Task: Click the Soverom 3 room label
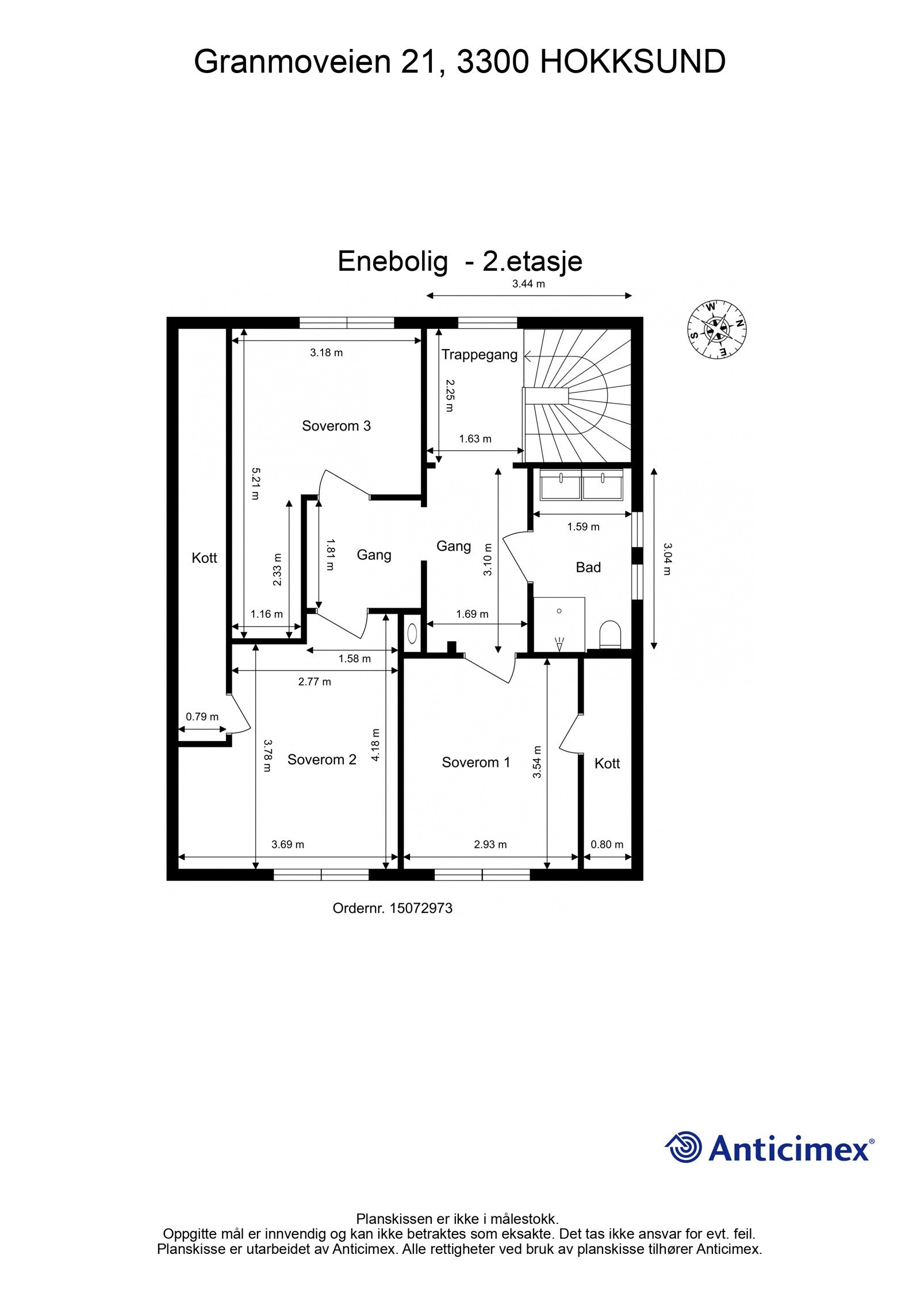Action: pyautogui.click(x=336, y=426)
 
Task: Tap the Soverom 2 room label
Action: pyautogui.click(x=321, y=759)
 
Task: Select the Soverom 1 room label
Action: pyautogui.click(x=476, y=762)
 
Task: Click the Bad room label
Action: pyautogui.click(x=588, y=567)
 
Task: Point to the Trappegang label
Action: pyautogui.click(x=479, y=355)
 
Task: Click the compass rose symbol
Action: pyautogui.click(x=716, y=328)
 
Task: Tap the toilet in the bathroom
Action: pyautogui.click(x=610, y=635)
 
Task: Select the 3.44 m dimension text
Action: pyautogui.click(x=528, y=283)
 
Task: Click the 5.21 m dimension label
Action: pyautogui.click(x=255, y=483)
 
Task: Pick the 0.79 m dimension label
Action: pyautogui.click(x=202, y=717)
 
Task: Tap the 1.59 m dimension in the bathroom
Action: pyautogui.click(x=583, y=527)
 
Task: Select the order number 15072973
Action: pyautogui.click(x=421, y=908)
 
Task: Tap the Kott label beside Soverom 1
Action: pyautogui.click(x=607, y=763)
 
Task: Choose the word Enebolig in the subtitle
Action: pyautogui.click(x=392, y=261)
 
